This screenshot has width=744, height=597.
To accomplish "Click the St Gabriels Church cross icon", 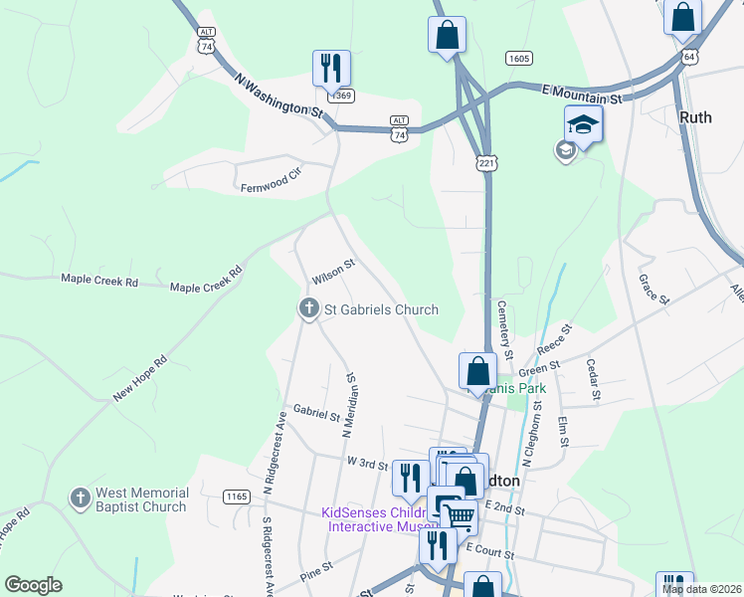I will tap(308, 309).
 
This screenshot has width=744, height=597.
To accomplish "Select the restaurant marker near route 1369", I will tap(331, 69).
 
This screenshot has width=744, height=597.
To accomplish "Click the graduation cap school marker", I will tap(584, 125).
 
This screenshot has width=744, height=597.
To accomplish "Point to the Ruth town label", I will tap(695, 116).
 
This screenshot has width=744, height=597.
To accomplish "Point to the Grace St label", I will tap(651, 290).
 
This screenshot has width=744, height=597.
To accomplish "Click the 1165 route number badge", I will tap(237, 497).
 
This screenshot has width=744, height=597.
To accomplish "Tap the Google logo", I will tap(33, 585).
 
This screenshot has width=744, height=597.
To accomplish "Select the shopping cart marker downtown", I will tap(458, 515).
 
